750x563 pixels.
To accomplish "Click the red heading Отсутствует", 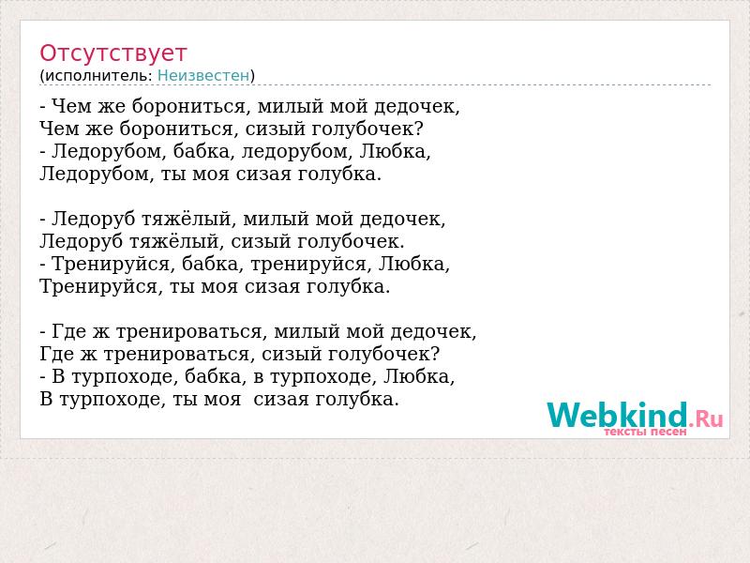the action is pyautogui.click(x=112, y=53).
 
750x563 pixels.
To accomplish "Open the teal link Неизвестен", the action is pyautogui.click(x=203, y=75).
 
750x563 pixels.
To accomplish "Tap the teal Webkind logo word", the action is pyautogui.click(x=617, y=415).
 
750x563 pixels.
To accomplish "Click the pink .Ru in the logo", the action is pyautogui.click(x=706, y=418).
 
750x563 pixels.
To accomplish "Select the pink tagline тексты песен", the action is pyautogui.click(x=645, y=432).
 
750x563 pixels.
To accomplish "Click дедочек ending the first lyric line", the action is pyautogui.click(x=416, y=107).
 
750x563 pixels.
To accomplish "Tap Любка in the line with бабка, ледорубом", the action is pyautogui.click(x=395, y=151).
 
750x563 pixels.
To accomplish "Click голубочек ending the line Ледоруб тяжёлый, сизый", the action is pyautogui.click(x=351, y=242).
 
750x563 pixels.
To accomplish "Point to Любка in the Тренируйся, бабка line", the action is pyautogui.click(x=413, y=265).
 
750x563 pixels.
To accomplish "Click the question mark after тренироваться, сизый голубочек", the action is pyautogui.click(x=434, y=354).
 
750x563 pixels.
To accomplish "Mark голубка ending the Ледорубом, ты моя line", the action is pyautogui.click(x=339, y=175).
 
